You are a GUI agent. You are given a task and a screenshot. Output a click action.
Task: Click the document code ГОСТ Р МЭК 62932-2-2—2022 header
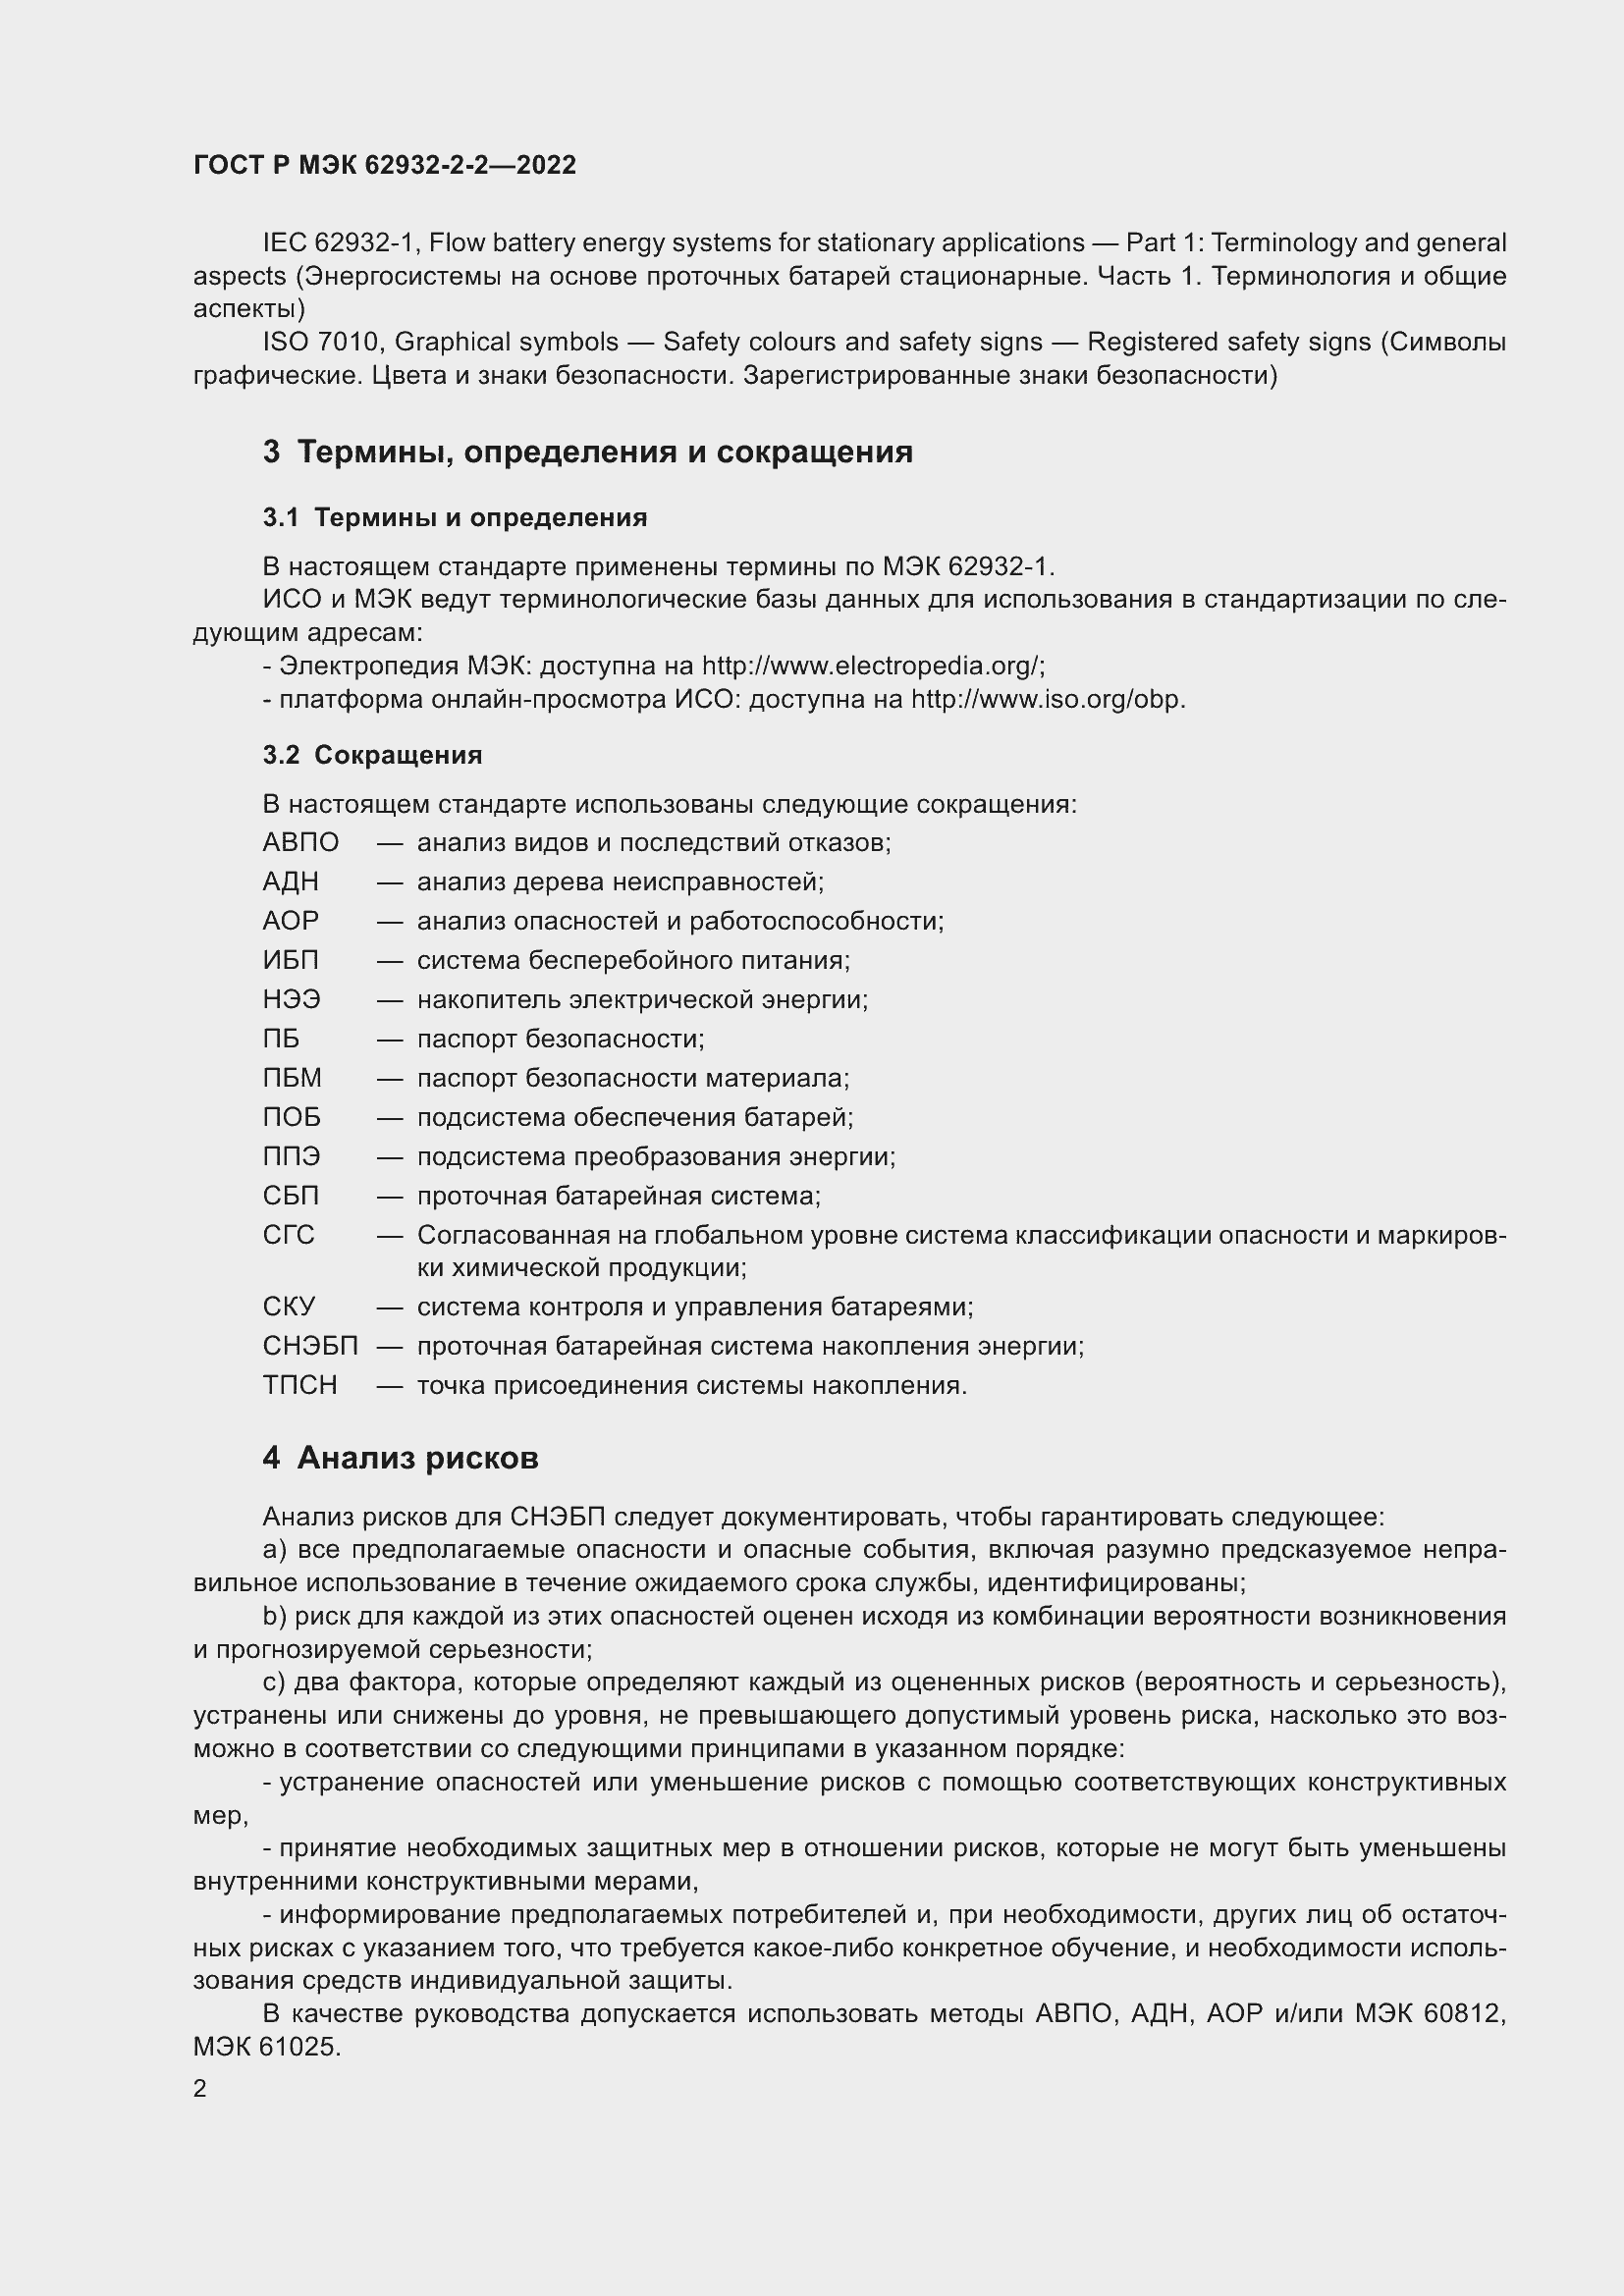coord(384,165)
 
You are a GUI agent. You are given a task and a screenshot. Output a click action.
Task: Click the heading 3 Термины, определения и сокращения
coord(588,452)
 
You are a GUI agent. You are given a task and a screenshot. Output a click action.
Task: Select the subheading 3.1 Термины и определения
coord(455,518)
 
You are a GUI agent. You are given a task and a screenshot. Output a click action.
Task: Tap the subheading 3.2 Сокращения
coord(372,755)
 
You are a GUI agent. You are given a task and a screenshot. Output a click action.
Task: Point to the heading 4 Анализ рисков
coord(400,1459)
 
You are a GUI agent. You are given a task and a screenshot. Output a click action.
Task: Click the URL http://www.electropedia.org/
coord(872,666)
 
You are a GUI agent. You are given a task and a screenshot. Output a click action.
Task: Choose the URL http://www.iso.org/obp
coord(1046,699)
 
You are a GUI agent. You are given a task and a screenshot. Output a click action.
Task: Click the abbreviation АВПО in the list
coord(301,843)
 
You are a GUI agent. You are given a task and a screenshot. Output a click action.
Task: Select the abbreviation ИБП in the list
coord(291,961)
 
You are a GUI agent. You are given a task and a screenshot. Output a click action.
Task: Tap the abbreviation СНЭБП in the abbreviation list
coord(310,1347)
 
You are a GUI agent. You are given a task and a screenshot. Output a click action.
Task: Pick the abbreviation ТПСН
coord(300,1386)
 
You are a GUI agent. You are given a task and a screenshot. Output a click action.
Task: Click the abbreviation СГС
coord(288,1236)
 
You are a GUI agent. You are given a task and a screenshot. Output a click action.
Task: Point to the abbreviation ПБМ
coord(292,1079)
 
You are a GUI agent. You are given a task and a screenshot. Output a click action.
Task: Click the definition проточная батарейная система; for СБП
coord(618,1197)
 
